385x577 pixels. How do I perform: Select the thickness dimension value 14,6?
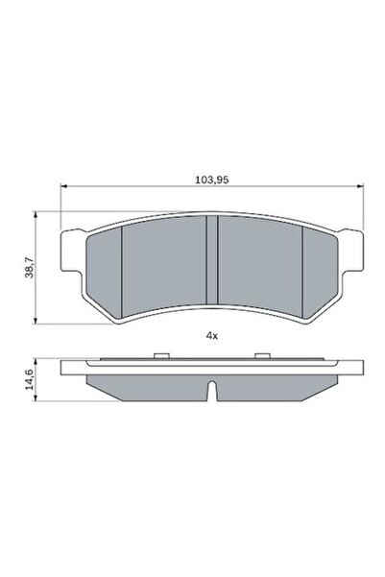28,379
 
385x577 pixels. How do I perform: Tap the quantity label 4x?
212,335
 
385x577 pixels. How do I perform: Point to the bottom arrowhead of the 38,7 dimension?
37,321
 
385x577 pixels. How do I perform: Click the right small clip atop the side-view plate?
259,356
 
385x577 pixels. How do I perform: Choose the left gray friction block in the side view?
144,386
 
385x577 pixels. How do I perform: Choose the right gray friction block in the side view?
278,386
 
